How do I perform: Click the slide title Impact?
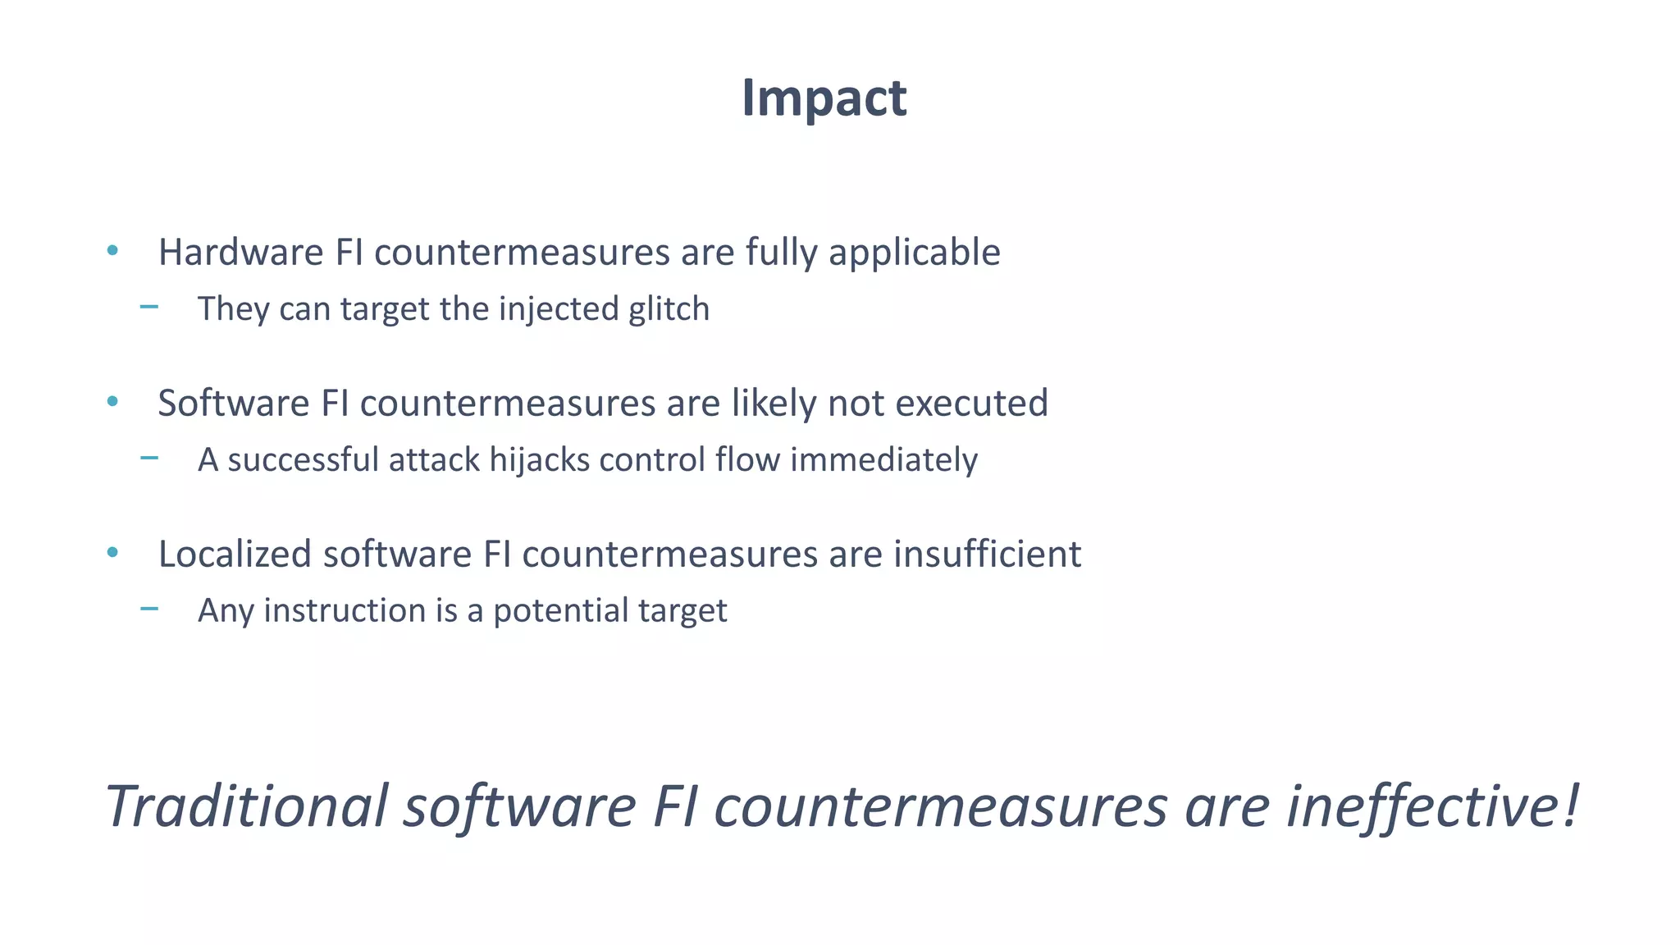(x=824, y=98)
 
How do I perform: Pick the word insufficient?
(x=987, y=554)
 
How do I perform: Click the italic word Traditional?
(x=246, y=806)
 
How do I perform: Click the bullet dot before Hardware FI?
(x=112, y=250)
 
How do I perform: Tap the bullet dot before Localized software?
(x=112, y=552)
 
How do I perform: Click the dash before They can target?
(x=149, y=307)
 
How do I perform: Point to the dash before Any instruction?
(x=149, y=609)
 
